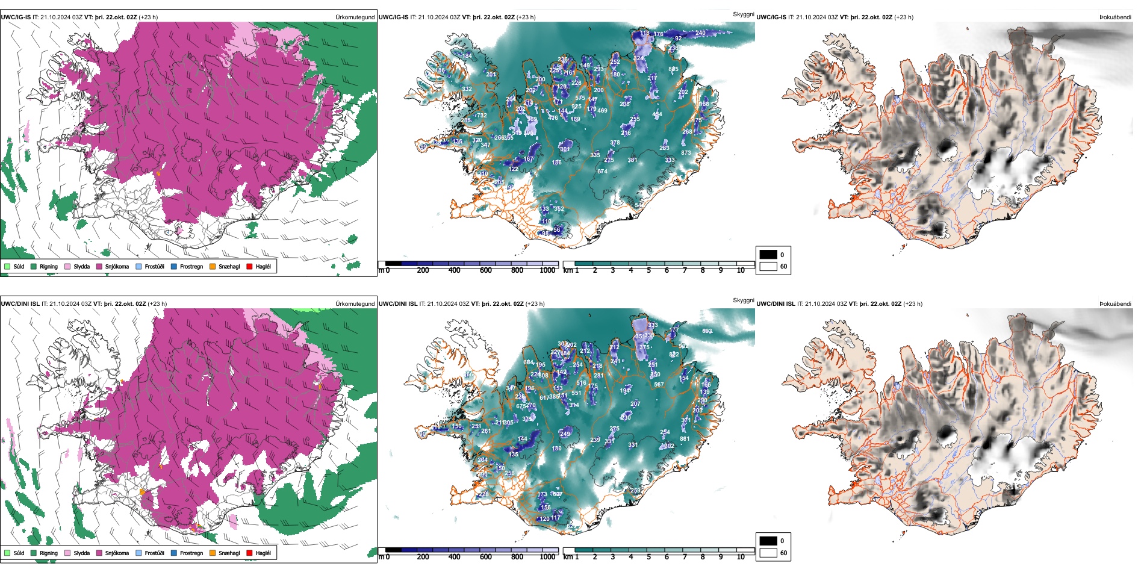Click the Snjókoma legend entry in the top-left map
[116, 266]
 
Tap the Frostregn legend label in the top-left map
[191, 266]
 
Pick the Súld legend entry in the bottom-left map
[19, 553]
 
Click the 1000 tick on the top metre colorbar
[547, 270]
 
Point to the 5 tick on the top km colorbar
[648, 270]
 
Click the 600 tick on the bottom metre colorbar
[485, 557]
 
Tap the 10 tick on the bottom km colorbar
[741, 557]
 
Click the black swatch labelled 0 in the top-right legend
[768, 255]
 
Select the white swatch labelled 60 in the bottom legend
[768, 553]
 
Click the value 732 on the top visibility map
[482, 116]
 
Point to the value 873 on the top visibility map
[686, 153]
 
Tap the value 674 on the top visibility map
[602, 172]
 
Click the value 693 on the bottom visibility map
[707, 331]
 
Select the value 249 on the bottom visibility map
[565, 434]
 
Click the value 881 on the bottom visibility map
[685, 439]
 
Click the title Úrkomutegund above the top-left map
[355, 17]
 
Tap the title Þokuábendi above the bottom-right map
[1115, 304]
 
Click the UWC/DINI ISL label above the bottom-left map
[20, 304]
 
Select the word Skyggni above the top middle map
[743, 14]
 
